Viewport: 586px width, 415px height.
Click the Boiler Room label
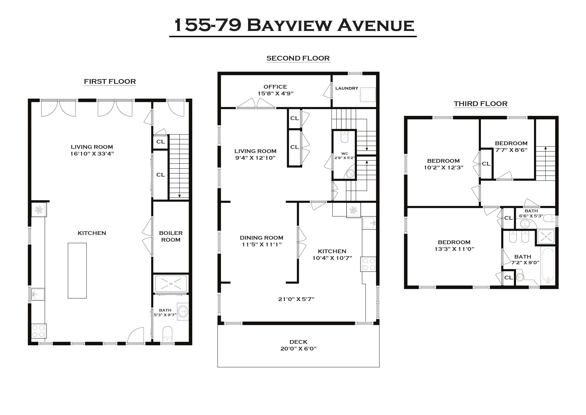tap(171, 236)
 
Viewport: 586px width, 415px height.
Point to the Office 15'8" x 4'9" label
tap(275, 90)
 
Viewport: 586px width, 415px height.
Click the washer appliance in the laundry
tap(368, 94)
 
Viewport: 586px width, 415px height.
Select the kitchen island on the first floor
tap(77, 270)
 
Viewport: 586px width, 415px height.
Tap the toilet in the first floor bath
tap(167, 333)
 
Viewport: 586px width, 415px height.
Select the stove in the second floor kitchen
tap(368, 264)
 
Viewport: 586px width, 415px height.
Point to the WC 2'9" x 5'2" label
tap(345, 156)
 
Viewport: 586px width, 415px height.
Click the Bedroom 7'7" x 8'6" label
tap(511, 146)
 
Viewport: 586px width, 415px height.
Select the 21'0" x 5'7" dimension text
tap(296, 299)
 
